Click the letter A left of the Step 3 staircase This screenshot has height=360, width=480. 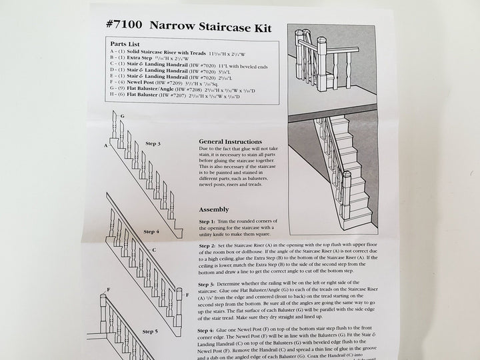(x=105, y=145)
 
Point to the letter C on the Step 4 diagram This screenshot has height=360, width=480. (x=154, y=251)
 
